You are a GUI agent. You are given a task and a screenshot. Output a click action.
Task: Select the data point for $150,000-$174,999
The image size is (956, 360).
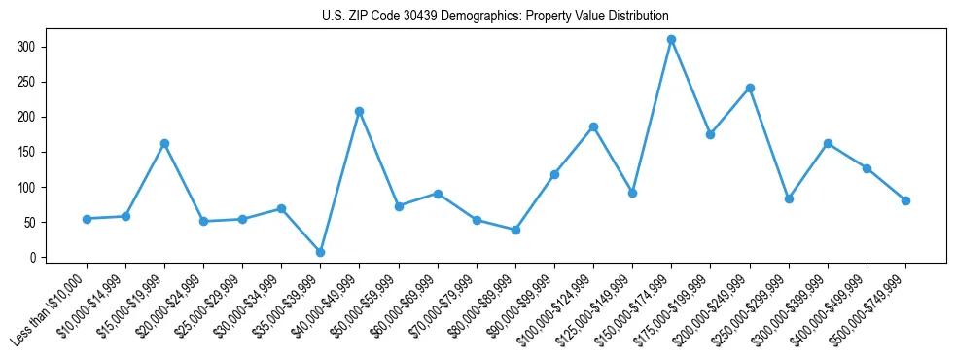pos(671,39)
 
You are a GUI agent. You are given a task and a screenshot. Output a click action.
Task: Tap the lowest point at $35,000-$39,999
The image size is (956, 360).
pos(320,252)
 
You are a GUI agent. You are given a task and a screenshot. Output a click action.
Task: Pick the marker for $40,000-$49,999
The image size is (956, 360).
pos(359,111)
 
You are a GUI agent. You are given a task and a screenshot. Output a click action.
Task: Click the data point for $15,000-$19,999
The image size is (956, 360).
pos(164,143)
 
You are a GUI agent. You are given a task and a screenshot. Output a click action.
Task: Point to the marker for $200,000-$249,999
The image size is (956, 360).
pos(750,88)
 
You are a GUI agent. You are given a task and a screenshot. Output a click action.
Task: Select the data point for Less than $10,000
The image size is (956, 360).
pos(87,219)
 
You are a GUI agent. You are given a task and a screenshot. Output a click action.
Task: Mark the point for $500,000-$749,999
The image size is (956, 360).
pos(905,200)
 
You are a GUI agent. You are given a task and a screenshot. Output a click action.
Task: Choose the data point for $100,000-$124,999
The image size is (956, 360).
pos(593,126)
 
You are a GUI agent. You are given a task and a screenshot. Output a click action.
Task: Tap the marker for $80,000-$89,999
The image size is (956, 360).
pos(515,230)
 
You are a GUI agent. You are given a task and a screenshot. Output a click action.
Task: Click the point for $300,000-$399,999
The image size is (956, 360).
pos(828,143)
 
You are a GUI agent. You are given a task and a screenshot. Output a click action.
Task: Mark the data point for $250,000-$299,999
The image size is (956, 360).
pos(789,198)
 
